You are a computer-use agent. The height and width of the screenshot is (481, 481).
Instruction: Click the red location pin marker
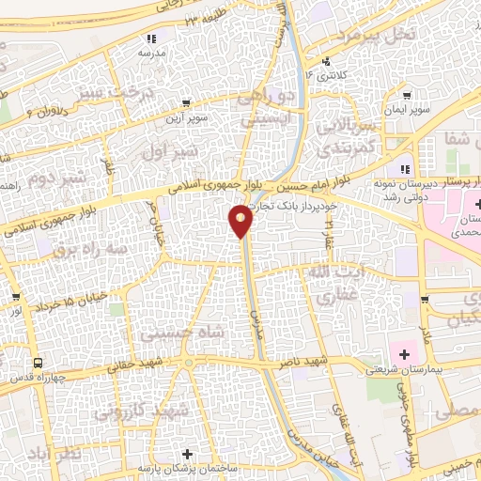(x=241, y=222)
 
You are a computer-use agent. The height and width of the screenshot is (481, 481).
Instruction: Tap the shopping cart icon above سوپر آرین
(x=185, y=103)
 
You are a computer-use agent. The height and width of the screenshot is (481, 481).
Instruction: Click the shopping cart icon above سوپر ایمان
(x=405, y=95)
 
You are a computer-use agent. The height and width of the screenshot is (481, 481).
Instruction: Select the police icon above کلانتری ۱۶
(x=325, y=60)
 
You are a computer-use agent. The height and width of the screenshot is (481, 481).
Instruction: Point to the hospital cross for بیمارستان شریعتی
(x=404, y=354)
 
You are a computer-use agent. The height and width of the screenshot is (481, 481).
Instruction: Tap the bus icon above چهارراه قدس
(x=38, y=364)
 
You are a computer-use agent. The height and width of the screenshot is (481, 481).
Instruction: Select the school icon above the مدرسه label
(x=150, y=39)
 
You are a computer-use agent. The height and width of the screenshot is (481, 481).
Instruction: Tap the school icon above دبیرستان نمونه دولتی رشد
(x=404, y=169)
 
